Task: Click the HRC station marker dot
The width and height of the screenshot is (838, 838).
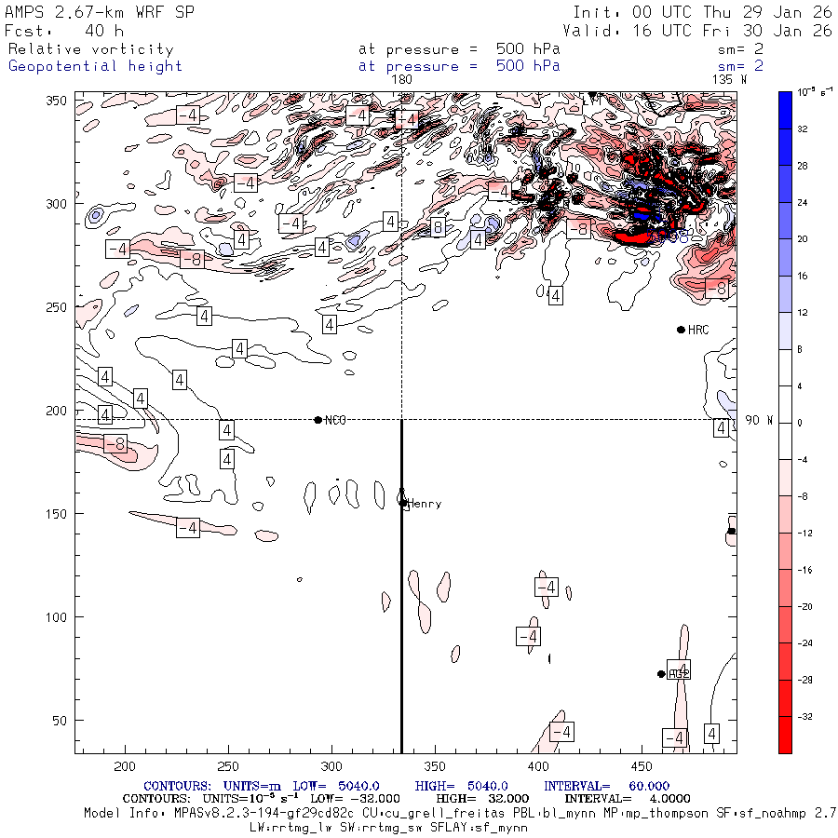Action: [681, 330]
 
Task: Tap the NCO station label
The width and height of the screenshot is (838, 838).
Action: [335, 420]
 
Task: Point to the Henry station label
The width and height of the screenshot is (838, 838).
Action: [425, 504]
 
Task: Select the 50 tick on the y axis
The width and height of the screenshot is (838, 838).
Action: [61, 721]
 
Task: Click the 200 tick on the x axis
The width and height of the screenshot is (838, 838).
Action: [124, 765]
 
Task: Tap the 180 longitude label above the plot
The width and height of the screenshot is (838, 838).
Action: [401, 80]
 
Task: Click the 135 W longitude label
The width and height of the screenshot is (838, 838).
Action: [729, 80]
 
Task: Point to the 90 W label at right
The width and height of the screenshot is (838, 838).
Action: [759, 420]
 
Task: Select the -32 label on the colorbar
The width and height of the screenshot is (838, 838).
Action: [811, 717]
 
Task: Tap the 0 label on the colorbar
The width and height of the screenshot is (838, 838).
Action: [807, 423]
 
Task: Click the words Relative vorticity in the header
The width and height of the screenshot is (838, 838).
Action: [90, 49]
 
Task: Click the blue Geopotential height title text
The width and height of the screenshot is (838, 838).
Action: [95, 66]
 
